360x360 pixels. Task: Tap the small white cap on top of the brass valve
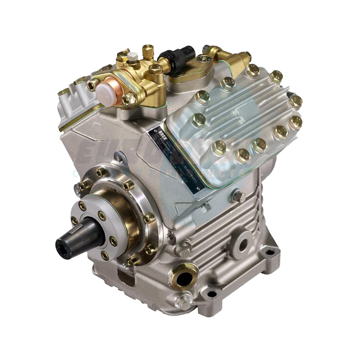[134, 56]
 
